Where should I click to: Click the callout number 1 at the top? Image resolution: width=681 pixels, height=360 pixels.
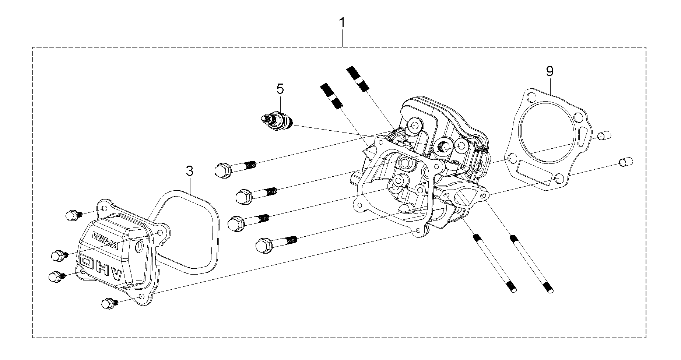tap(343, 23)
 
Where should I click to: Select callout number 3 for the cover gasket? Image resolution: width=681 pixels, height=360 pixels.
tap(189, 171)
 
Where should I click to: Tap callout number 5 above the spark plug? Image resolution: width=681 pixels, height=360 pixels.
tap(280, 89)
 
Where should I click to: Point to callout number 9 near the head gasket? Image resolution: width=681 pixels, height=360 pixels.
tap(550, 71)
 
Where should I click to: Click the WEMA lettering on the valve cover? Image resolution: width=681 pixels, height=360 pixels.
tap(106, 241)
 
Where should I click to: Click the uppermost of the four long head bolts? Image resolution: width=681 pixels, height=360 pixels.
tap(235, 167)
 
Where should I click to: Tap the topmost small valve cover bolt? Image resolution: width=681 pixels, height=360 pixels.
tap(73, 215)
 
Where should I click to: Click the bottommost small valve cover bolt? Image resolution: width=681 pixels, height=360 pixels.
tap(109, 304)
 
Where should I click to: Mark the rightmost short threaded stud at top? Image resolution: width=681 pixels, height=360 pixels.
tap(358, 78)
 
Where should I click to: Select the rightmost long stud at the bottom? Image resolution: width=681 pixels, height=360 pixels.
tap(531, 264)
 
